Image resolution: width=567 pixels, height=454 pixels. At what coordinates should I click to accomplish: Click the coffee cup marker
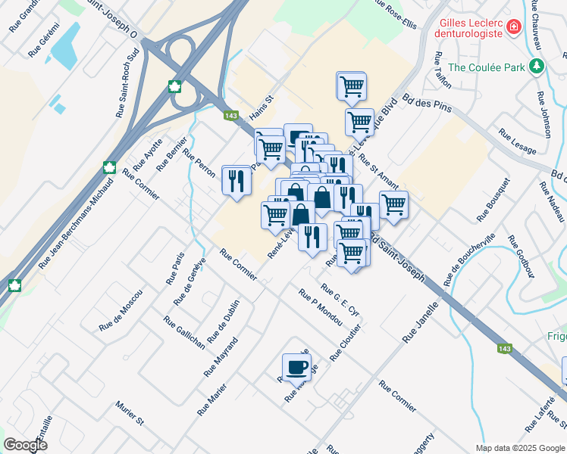coord(296,367)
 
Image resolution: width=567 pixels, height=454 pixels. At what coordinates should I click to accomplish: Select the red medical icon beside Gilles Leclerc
coord(514,27)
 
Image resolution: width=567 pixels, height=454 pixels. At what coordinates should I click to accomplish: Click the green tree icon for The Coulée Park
coord(537,67)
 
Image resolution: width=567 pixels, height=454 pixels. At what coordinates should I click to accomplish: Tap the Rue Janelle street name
coord(421,324)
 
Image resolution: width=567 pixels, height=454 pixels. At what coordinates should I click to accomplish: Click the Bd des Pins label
coord(427,103)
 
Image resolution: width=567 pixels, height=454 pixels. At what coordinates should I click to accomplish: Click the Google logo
coord(25,445)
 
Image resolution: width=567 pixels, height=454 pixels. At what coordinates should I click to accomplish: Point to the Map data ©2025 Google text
coord(520,448)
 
